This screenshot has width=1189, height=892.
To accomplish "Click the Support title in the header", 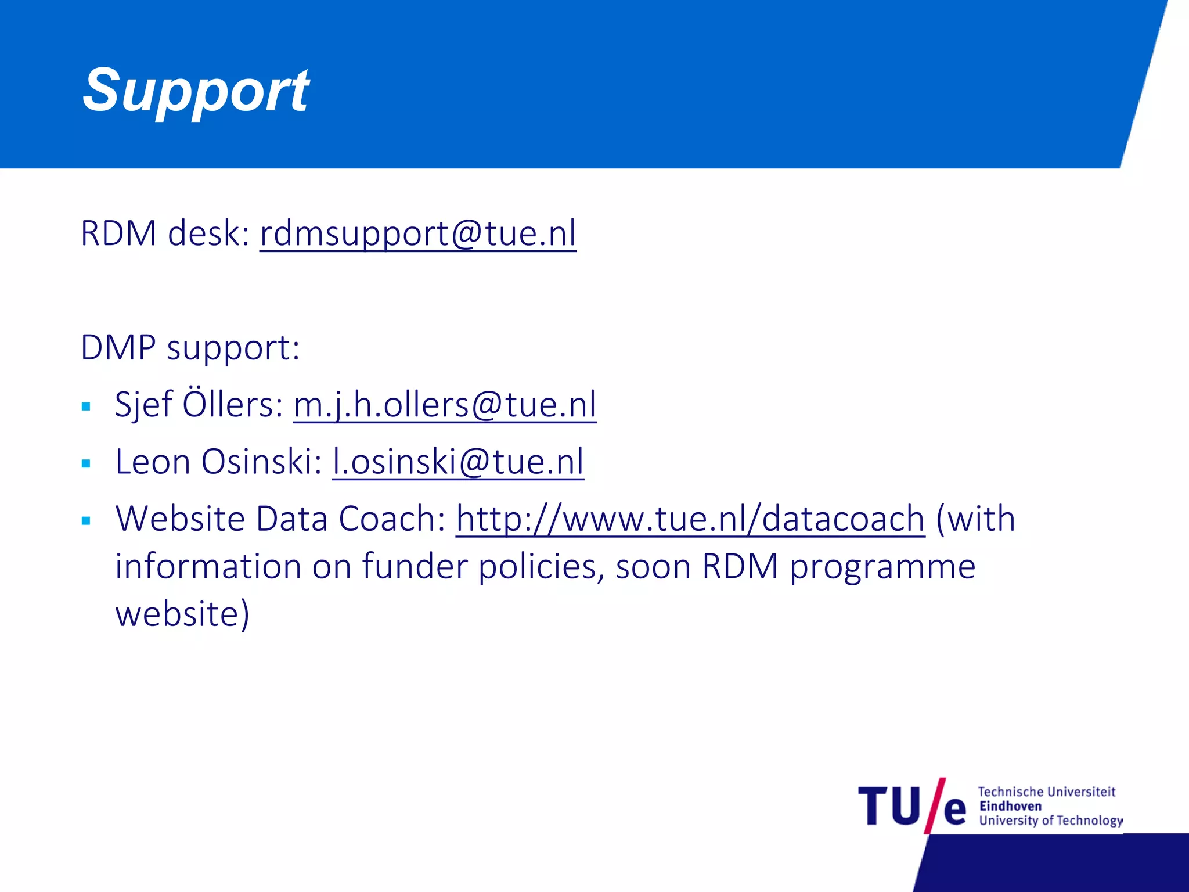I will pos(196,91).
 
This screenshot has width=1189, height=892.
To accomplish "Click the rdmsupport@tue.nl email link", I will pos(417,233).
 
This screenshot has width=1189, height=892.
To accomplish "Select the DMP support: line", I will pos(190,348).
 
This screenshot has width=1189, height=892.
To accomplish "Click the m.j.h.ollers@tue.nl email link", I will pos(444,405).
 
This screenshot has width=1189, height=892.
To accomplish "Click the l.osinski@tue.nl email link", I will pos(457,462).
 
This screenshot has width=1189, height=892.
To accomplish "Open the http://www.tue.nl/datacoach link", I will pos(690,519).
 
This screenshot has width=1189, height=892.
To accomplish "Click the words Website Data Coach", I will pos(279,519).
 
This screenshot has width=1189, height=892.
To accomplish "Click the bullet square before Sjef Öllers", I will pos(87,407).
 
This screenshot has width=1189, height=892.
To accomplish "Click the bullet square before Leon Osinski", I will pos(87,464).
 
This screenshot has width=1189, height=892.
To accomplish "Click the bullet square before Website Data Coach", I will pos(87,521).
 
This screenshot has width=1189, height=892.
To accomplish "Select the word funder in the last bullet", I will pos(415,566).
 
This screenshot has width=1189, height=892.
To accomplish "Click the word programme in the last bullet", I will pos(882,567).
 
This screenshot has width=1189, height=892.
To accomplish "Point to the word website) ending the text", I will pos(182,614).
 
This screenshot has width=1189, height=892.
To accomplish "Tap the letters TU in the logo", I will pos(889,807).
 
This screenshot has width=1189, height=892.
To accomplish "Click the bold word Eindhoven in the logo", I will pos(1010,806).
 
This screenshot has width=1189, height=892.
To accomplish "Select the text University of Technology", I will pos(1050,821).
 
